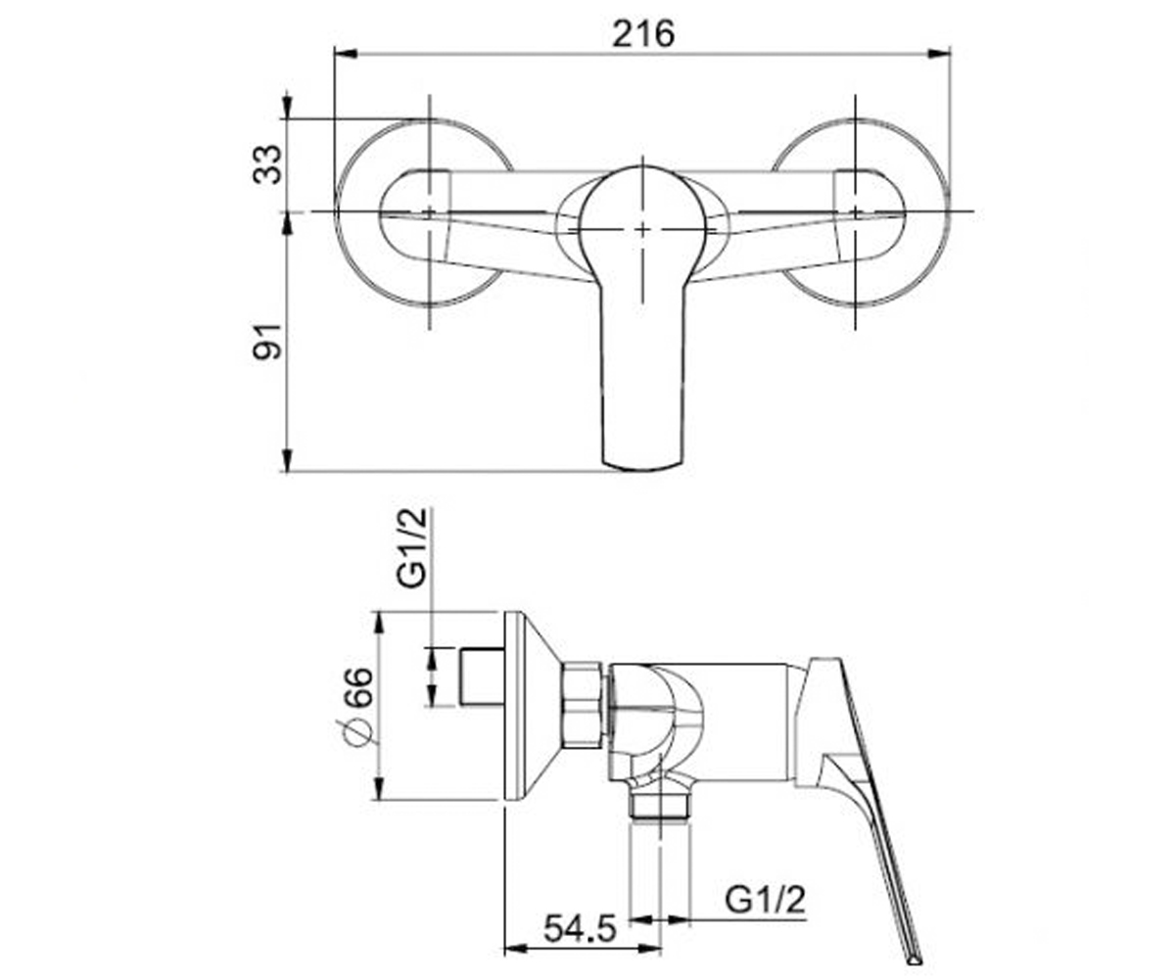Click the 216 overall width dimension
coord(642,35)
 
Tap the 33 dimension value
coord(266,164)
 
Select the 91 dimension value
coord(266,342)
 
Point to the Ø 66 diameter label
coord(358,707)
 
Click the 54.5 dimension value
coord(581,928)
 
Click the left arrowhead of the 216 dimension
coord(346,54)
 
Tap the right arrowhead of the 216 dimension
coord(939,54)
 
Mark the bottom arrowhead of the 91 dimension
coord(287,460)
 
